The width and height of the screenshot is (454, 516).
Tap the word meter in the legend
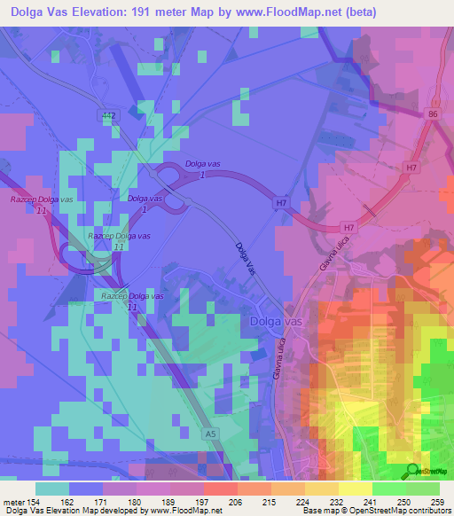(14, 501)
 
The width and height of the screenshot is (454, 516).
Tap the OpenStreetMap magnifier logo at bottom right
(413, 471)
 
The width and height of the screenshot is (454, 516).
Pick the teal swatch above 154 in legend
(52, 489)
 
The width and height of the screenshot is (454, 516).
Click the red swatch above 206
(220, 489)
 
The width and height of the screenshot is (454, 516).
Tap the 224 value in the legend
(287, 501)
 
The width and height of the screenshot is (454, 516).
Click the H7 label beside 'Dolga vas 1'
(281, 204)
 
